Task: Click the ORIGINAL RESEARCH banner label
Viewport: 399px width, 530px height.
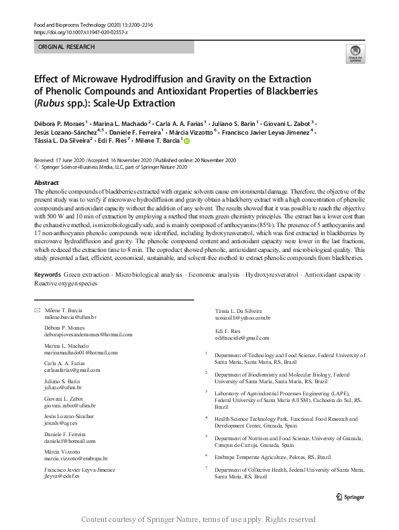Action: click(x=66, y=47)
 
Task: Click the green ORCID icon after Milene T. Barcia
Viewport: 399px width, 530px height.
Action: click(x=186, y=141)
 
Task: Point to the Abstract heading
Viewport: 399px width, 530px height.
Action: click(x=46, y=183)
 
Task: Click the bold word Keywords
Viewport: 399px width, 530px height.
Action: click(x=47, y=275)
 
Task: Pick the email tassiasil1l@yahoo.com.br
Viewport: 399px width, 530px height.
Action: click(x=243, y=317)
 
